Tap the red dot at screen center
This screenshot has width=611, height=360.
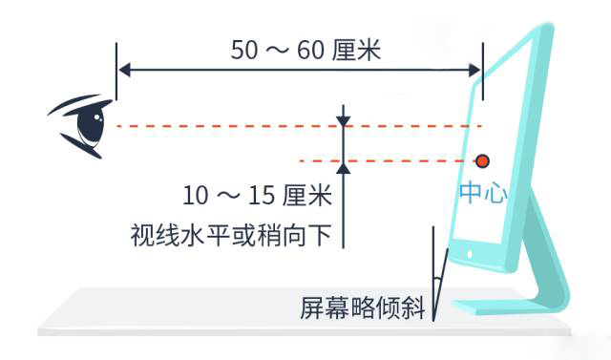pos(483,159)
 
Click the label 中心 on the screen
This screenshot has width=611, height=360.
pos(483,192)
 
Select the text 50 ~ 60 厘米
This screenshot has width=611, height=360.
pos(306,50)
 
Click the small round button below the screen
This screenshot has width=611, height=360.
pos(468,254)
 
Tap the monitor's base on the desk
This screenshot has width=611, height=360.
pos(506,307)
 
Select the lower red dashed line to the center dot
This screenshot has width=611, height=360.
pos(401,159)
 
